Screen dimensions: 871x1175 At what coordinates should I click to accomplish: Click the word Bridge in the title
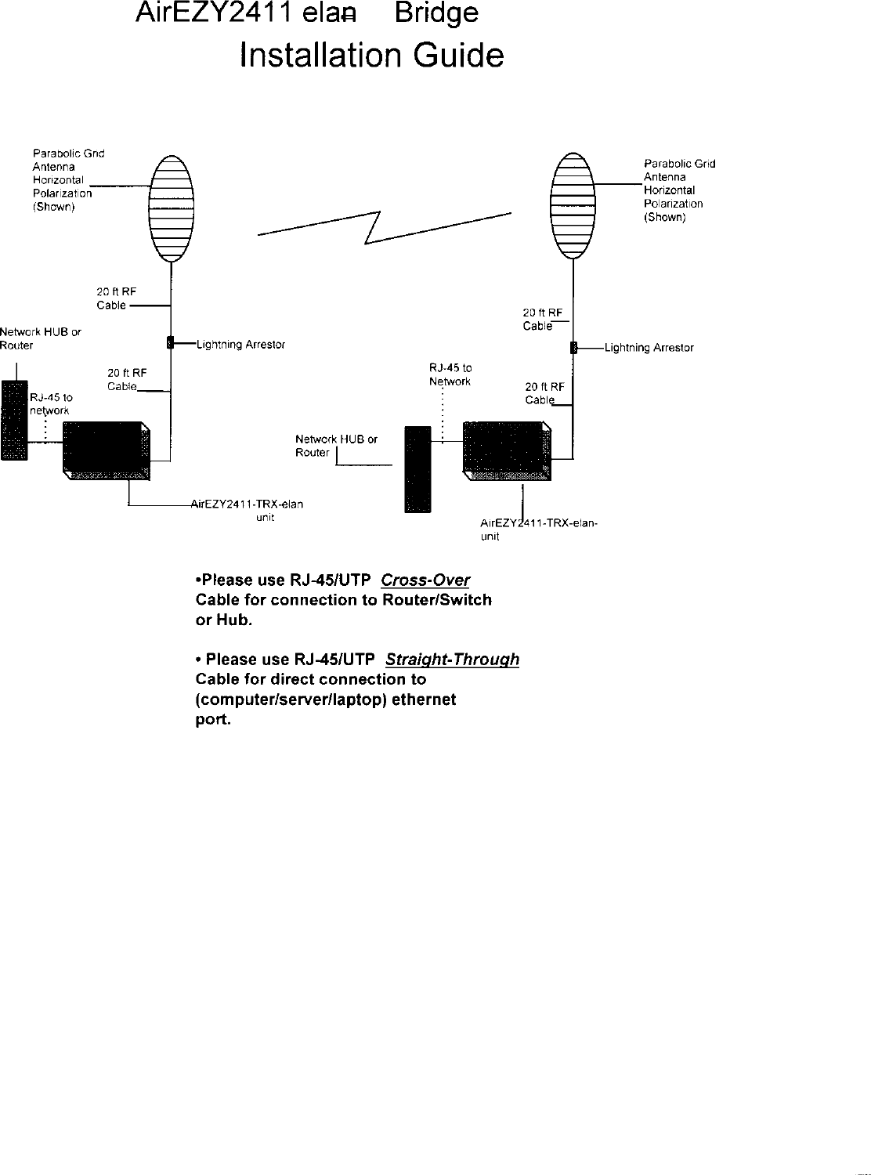tap(436, 14)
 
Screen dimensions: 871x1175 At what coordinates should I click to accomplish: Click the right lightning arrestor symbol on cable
tap(573, 348)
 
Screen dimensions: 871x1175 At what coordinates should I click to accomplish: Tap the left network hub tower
tap(14, 421)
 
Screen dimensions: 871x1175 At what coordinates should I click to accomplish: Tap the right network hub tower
tap(417, 468)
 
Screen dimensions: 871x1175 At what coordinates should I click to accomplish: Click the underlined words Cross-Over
tap(425, 580)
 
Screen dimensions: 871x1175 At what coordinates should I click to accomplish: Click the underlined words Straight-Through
tap(453, 660)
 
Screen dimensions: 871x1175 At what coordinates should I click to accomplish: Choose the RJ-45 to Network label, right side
tap(450, 374)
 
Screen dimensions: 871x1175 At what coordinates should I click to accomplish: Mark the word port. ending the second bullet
tap(213, 720)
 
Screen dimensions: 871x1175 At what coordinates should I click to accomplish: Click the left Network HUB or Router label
tap(40, 338)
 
